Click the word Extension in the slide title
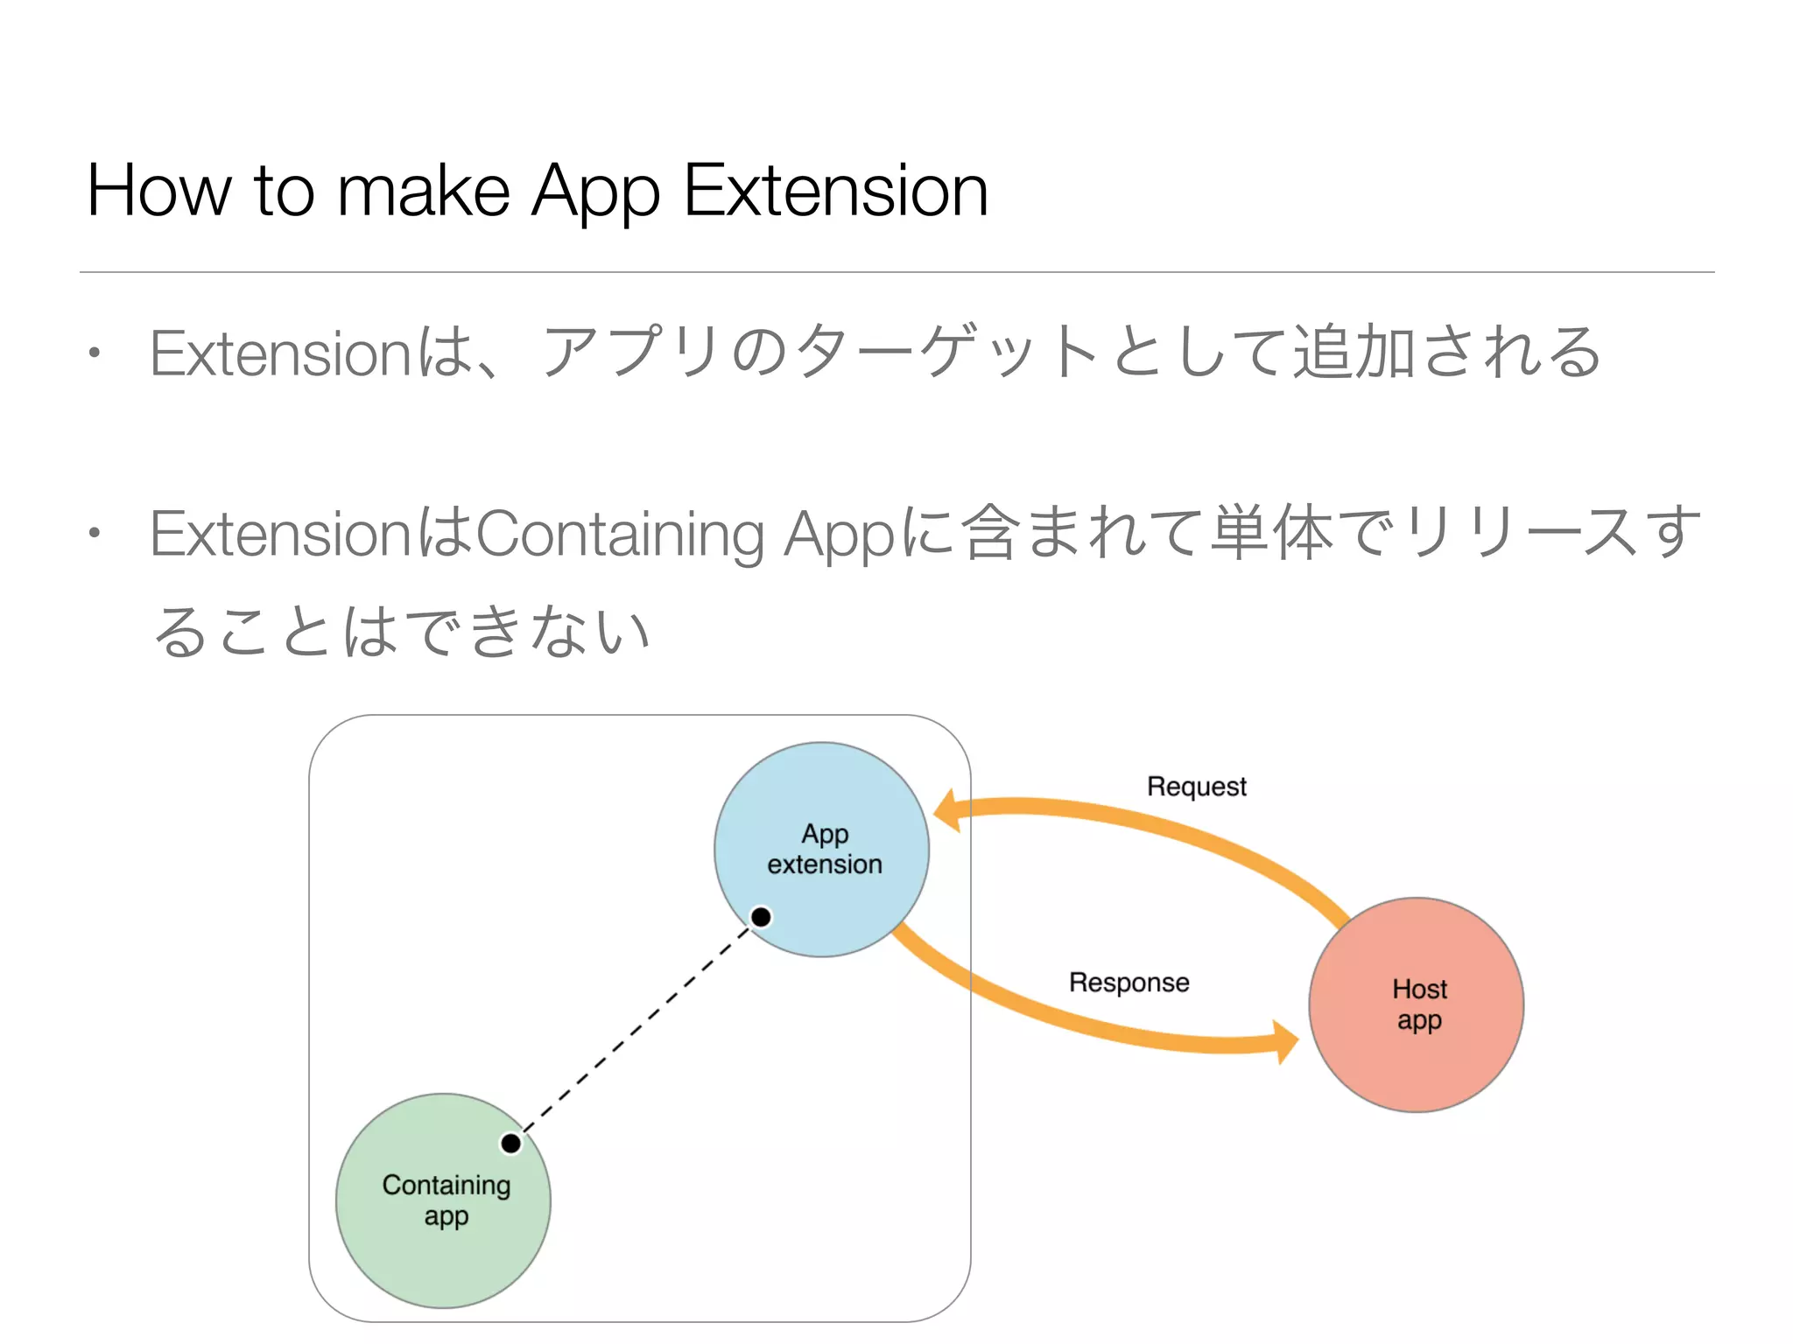[835, 191]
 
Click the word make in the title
[423, 191]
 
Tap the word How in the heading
[158, 191]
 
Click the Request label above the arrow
[1196, 787]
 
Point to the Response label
[1129, 983]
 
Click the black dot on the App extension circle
[761, 917]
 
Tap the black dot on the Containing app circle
[510, 1143]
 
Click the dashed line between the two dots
[636, 1030]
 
